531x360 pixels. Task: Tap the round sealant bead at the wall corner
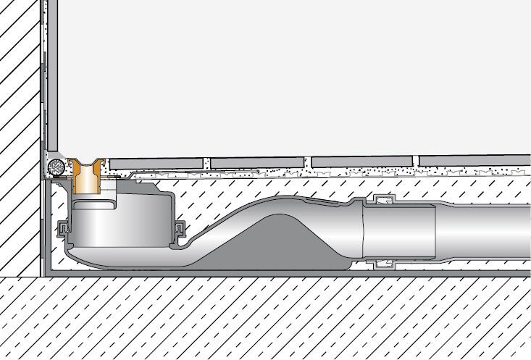[53, 167]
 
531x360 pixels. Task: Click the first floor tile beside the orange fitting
[156, 162]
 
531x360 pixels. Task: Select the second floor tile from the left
[256, 161]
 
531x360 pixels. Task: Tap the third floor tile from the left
[362, 160]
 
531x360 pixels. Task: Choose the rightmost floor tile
[474, 159]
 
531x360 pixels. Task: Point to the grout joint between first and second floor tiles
[206, 162]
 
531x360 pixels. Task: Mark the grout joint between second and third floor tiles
[307, 161]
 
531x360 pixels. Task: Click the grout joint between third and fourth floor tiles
[417, 160]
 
